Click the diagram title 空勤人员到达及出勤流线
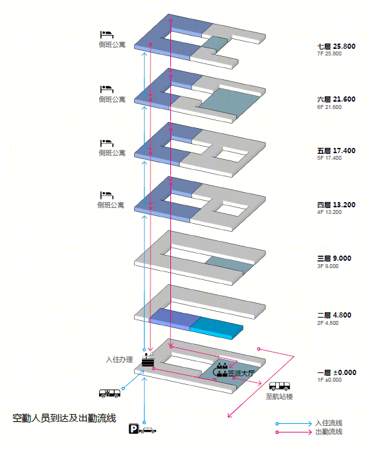pos(64,419)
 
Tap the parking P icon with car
pos(143,429)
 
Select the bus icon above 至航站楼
pos(279,386)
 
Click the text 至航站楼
pos(279,397)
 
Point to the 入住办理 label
pos(119,360)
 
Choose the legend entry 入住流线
pos(329,423)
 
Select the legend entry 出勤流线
pos(329,432)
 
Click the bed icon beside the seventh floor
pos(107,34)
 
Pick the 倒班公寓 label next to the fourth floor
pos(110,205)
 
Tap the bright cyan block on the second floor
pos(217,328)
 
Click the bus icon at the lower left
pos(110,394)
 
